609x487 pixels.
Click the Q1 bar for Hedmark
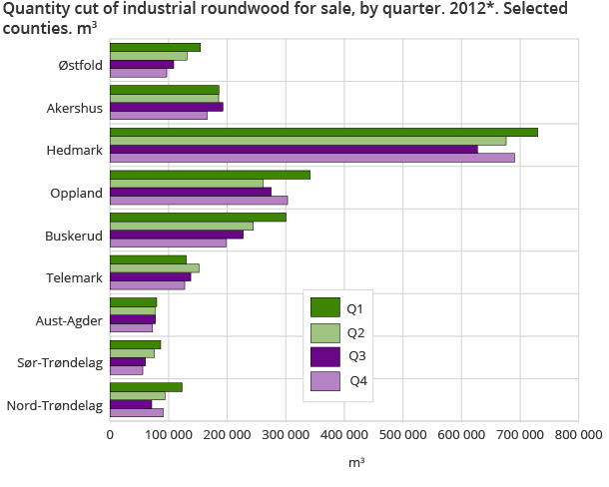pyautogui.click(x=323, y=132)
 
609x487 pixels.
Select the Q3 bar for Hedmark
pyautogui.click(x=294, y=150)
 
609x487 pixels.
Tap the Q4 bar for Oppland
pyautogui.click(x=199, y=201)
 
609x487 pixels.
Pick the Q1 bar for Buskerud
pyautogui.click(x=198, y=217)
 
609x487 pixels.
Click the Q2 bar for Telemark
pyautogui.click(x=155, y=267)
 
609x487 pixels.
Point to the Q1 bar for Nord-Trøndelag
pyautogui.click(x=146, y=386)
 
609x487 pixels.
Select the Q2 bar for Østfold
pyautogui.click(x=149, y=56)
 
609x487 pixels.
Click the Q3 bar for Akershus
pyautogui.click(x=167, y=107)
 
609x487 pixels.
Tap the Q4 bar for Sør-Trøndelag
pyautogui.click(x=127, y=370)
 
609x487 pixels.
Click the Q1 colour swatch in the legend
pyautogui.click(x=325, y=307)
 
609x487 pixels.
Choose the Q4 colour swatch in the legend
pyautogui.click(x=325, y=380)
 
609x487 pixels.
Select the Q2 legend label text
pyautogui.click(x=356, y=332)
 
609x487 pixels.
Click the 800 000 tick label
pyautogui.click(x=578, y=434)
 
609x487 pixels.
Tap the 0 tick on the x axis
pyautogui.click(x=110, y=434)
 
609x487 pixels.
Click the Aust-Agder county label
pyautogui.click(x=73, y=320)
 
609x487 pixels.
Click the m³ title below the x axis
pyautogui.click(x=356, y=463)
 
